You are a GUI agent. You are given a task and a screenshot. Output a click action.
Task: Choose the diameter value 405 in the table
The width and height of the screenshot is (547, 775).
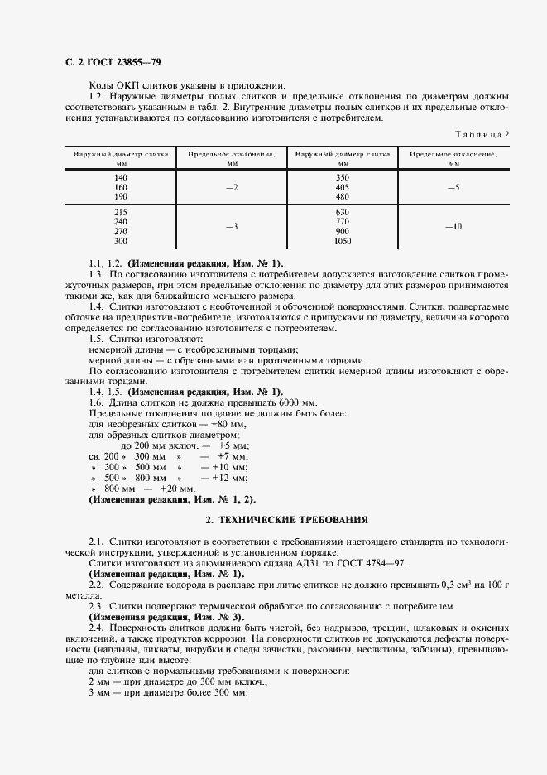[343, 188]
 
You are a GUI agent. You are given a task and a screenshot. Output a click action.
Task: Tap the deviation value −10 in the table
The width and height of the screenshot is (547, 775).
[453, 226]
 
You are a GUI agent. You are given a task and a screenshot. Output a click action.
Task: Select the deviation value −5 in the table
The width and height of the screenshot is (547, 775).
[453, 188]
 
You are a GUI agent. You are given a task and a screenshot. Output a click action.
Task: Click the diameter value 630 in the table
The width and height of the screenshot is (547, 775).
[343, 213]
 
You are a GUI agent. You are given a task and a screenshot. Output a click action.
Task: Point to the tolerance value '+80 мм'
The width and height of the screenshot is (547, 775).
[228, 424]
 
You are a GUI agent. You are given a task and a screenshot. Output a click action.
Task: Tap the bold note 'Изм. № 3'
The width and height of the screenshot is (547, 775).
[218, 616]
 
